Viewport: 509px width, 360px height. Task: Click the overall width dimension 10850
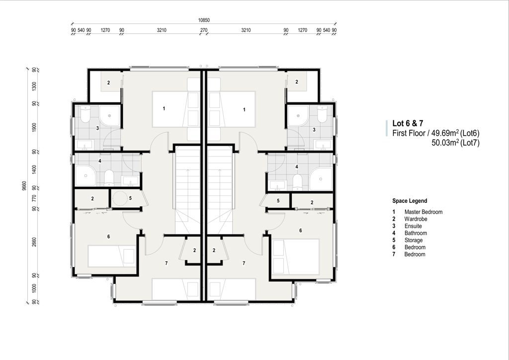(204, 20)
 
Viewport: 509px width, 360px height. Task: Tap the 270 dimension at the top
(203, 30)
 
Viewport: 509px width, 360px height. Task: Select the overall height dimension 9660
(24, 185)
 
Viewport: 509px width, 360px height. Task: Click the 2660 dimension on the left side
(34, 242)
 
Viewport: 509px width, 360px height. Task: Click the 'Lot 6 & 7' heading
(408, 123)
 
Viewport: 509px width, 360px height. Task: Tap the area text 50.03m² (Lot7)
(455, 143)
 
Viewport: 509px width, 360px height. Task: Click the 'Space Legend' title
(410, 201)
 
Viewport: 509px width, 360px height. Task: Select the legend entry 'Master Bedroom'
(424, 212)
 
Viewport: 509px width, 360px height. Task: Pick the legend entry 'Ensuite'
(413, 226)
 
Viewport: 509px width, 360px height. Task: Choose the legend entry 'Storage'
(414, 240)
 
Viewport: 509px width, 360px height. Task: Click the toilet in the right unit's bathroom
(297, 182)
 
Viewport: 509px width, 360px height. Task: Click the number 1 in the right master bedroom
(244, 110)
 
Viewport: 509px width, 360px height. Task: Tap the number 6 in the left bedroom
(108, 237)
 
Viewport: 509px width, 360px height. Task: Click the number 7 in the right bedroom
(244, 263)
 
